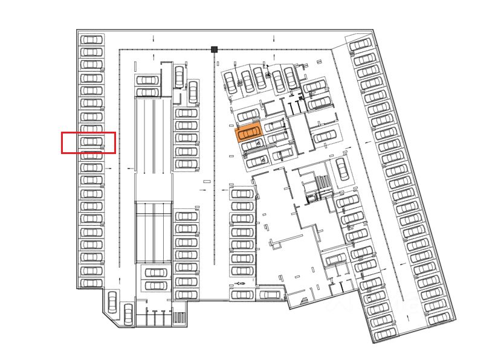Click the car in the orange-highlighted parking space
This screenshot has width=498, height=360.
(248, 132)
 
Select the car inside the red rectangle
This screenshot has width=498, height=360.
(91, 141)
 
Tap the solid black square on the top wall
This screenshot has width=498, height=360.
(214, 50)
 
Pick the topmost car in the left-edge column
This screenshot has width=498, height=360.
(91, 40)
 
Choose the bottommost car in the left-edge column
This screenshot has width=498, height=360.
(91, 283)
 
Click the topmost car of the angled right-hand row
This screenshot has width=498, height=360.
(361, 45)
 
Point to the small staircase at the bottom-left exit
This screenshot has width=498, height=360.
(178, 318)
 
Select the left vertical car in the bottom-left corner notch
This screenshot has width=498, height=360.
(112, 301)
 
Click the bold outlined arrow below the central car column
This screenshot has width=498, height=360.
(241, 283)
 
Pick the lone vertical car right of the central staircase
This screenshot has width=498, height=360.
(343, 169)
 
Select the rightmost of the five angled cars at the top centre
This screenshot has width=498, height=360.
(291, 77)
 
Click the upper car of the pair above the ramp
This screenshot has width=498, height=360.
(147, 80)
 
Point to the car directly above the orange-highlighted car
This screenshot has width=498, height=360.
(248, 115)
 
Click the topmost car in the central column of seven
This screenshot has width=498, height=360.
(242, 194)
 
